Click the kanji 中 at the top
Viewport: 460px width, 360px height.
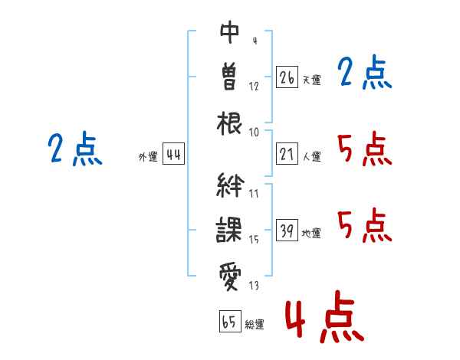click(230, 33)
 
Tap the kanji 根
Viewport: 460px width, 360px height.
click(230, 122)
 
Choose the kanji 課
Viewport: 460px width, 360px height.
click(230, 229)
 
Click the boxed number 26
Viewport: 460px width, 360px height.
click(287, 77)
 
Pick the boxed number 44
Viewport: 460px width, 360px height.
click(173, 155)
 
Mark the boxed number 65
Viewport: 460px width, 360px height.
click(229, 322)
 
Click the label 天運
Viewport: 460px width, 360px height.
click(311, 80)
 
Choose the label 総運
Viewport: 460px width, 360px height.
click(255, 325)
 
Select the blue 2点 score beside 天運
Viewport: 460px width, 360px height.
click(365, 73)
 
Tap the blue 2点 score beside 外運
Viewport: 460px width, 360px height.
click(75, 149)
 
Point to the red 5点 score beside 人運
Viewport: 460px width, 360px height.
click(365, 149)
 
